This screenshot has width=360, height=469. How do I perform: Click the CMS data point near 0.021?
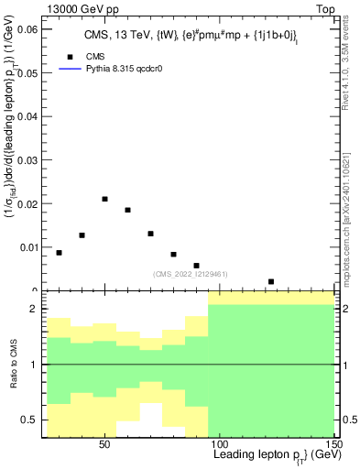[105, 199]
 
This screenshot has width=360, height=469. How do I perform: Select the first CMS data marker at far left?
[60, 253]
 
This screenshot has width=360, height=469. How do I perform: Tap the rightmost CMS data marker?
[271, 281]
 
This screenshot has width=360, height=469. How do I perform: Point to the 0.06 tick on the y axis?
[27, 29]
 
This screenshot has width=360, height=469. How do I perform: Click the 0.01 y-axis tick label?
[27, 247]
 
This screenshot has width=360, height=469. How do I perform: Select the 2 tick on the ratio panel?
[34, 309]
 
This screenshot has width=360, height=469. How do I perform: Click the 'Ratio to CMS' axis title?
[14, 365]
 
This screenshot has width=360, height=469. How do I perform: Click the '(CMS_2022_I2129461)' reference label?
[190, 273]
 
